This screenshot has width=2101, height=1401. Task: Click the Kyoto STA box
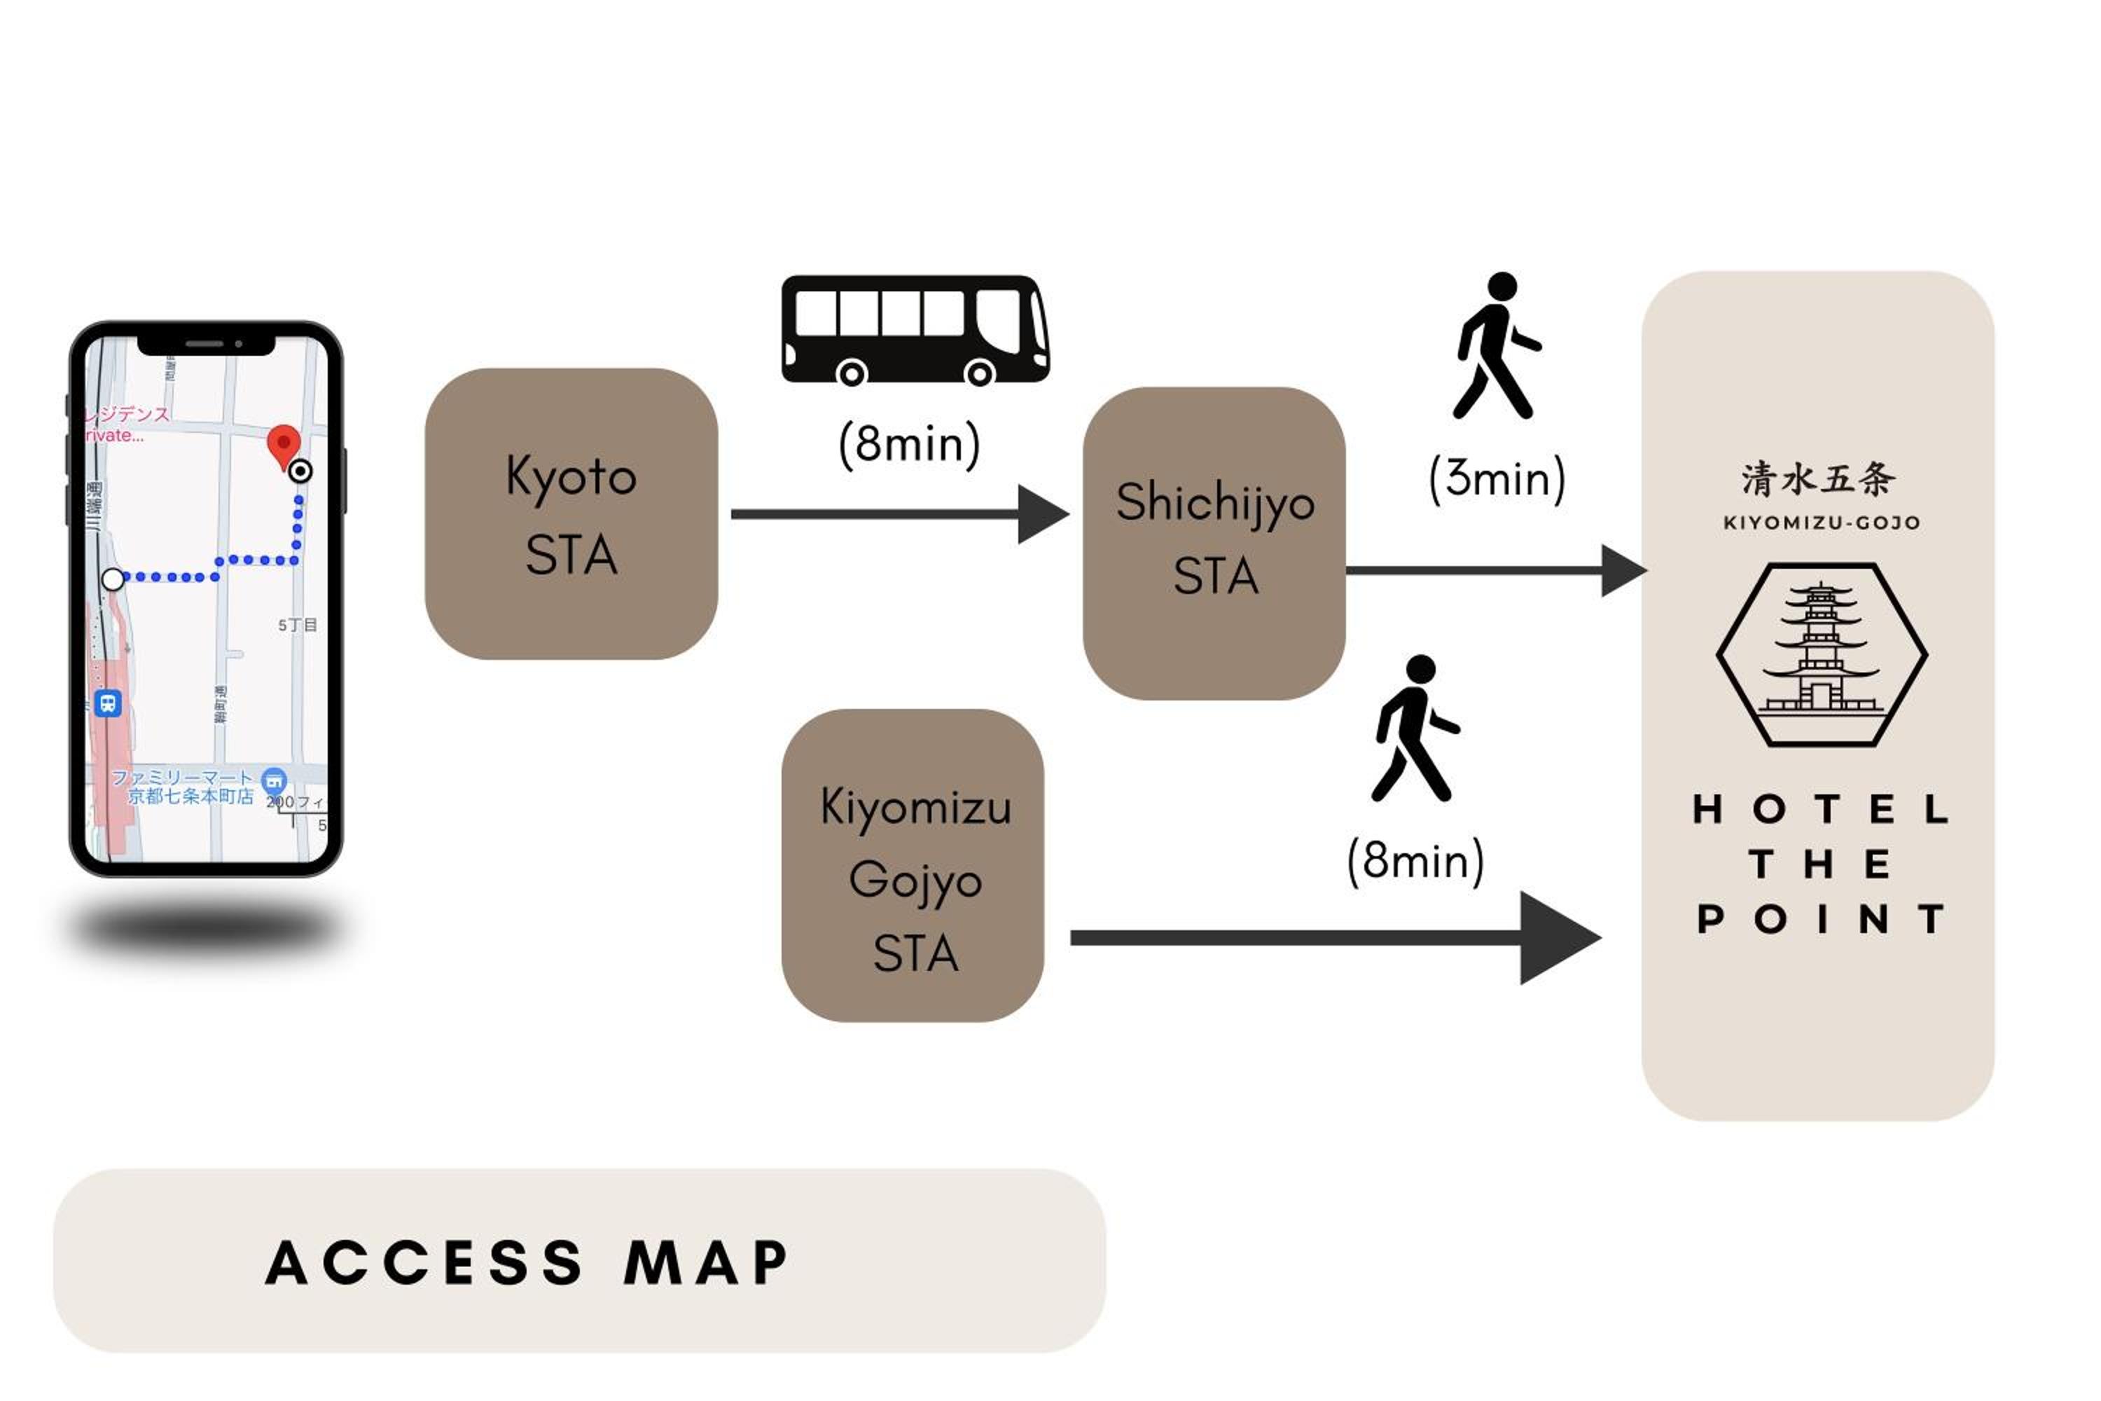571,513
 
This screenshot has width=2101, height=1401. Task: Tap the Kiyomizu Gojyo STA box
913,865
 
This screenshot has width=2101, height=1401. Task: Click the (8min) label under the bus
909,444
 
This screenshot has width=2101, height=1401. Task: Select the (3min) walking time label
1497,479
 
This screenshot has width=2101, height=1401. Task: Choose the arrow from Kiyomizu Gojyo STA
1331,937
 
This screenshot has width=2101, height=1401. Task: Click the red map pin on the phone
284,444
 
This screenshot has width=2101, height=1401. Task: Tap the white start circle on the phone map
113,579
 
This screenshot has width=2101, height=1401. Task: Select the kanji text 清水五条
1818,479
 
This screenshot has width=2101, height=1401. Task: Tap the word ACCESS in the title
425,1262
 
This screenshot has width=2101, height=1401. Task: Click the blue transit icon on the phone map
108,703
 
